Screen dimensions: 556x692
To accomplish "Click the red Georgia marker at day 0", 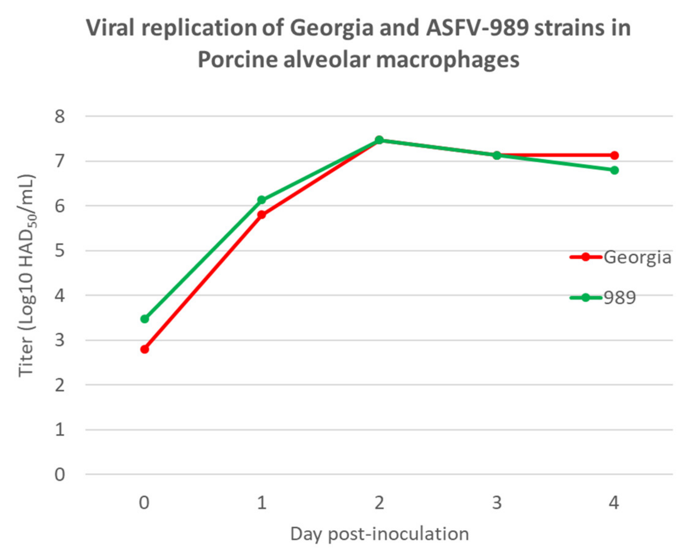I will click(x=145, y=349).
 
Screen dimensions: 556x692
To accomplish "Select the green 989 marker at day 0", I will click(x=145, y=319).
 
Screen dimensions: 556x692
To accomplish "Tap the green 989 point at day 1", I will click(x=261, y=200).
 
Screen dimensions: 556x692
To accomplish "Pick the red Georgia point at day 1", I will click(x=261, y=214).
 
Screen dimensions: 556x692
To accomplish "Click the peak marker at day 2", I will click(x=379, y=140).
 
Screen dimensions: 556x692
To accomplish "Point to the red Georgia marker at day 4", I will click(x=614, y=155).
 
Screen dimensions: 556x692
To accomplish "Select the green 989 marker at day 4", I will click(x=614, y=170).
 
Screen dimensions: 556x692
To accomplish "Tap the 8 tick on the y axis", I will click(x=60, y=116).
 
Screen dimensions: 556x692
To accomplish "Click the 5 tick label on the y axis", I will click(x=60, y=251).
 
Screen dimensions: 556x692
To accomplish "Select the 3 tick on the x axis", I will click(x=497, y=503).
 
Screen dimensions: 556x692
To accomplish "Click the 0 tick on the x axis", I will click(x=144, y=503).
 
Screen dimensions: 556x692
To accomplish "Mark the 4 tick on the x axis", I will click(x=614, y=503).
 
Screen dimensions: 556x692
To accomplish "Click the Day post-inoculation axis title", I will click(x=379, y=534).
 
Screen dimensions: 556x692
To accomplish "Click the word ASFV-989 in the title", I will click(x=477, y=28).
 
